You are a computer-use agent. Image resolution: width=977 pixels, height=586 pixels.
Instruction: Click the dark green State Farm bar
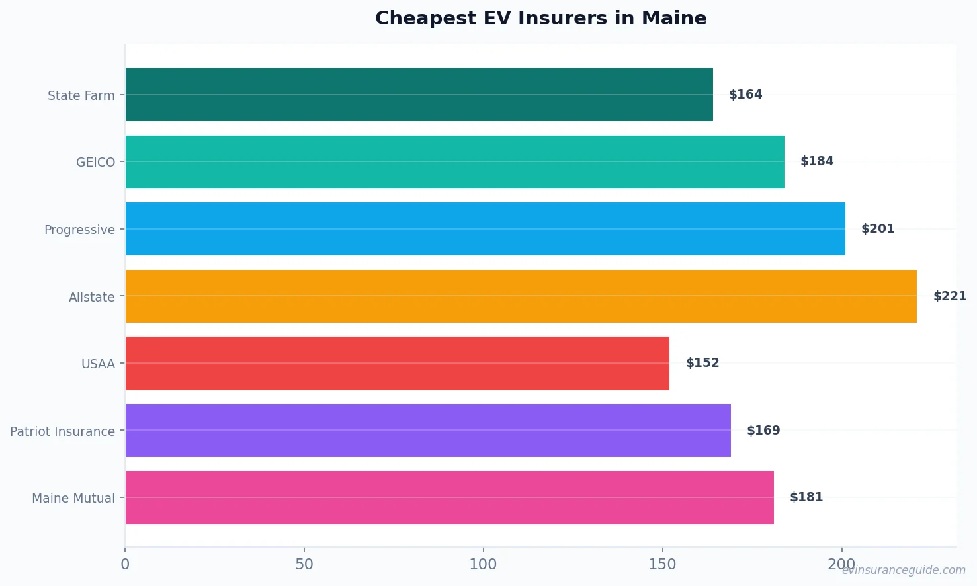pyautogui.click(x=419, y=95)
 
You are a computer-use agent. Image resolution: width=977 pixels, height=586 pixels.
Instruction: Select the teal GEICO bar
pyautogui.click(x=454, y=162)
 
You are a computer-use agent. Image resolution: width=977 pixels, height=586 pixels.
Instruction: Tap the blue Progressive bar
pyautogui.click(x=485, y=229)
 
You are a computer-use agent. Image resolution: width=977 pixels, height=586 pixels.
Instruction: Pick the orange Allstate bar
pyautogui.click(x=521, y=296)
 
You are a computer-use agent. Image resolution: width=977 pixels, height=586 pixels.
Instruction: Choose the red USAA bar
pyautogui.click(x=397, y=363)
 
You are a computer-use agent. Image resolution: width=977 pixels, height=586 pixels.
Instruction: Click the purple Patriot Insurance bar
pyautogui.click(x=427, y=431)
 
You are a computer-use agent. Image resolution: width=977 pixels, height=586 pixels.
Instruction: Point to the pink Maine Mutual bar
pyautogui.click(x=449, y=497)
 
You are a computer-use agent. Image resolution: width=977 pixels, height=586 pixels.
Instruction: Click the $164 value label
pyautogui.click(x=745, y=95)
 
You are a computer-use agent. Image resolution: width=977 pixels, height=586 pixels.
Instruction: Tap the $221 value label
pyautogui.click(x=949, y=296)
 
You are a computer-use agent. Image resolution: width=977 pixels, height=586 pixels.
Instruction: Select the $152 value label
pyautogui.click(x=702, y=363)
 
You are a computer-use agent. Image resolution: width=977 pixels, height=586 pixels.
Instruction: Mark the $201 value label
pyautogui.click(x=877, y=229)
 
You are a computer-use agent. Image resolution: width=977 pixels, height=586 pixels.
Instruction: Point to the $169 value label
pyautogui.click(x=763, y=431)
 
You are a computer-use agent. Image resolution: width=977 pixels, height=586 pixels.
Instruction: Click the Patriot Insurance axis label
pyautogui.click(x=62, y=431)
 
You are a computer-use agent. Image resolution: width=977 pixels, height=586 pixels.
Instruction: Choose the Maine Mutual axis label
pyautogui.click(x=73, y=498)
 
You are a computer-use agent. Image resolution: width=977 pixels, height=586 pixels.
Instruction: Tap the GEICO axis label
pyautogui.click(x=95, y=162)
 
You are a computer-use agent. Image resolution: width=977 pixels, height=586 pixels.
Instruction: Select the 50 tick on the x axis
pyautogui.click(x=304, y=564)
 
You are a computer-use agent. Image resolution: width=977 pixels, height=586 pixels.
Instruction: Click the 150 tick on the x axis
pyautogui.click(x=662, y=564)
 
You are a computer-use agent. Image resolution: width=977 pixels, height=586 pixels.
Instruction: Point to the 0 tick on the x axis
pyautogui.click(x=125, y=564)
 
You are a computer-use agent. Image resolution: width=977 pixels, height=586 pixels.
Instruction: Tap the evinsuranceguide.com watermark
pyautogui.click(x=904, y=570)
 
